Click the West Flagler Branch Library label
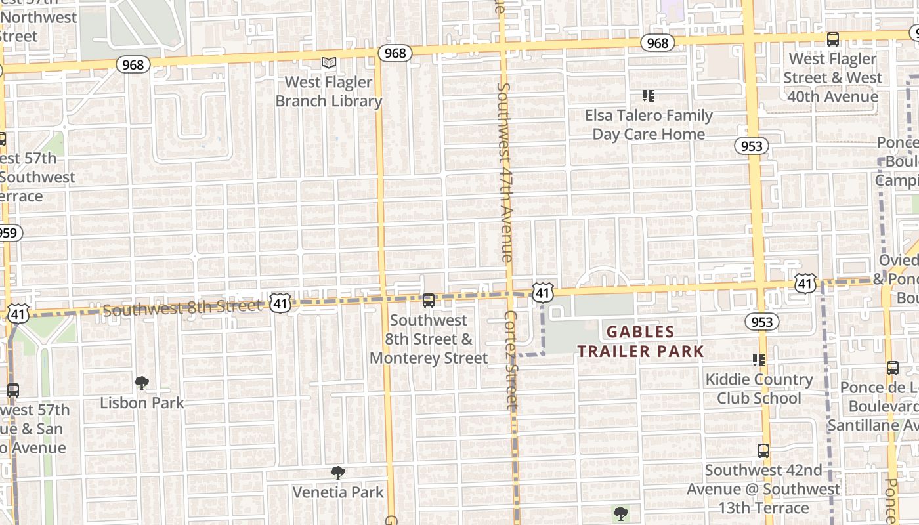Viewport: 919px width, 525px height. click(x=328, y=91)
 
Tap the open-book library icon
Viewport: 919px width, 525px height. click(x=328, y=63)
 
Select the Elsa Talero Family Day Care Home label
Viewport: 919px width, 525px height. click(x=649, y=124)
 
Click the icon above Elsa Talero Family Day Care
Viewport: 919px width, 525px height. click(x=649, y=96)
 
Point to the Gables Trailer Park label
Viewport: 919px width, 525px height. click(x=640, y=341)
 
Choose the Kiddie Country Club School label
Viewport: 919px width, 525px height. click(x=759, y=388)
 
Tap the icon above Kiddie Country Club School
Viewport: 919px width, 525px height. click(x=759, y=360)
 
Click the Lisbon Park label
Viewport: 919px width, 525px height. click(x=142, y=402)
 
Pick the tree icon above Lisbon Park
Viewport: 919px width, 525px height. click(x=141, y=383)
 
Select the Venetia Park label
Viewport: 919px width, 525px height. click(x=337, y=492)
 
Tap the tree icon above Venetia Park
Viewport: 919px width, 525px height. click(x=337, y=472)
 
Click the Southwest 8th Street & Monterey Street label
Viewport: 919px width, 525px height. click(x=429, y=339)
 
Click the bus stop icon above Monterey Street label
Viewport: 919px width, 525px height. click(x=429, y=301)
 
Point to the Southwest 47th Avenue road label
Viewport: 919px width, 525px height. click(x=504, y=172)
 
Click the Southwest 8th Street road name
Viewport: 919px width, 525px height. click(x=182, y=308)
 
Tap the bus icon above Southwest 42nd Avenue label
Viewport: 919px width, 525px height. click(x=763, y=451)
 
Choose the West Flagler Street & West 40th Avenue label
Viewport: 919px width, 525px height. click(x=832, y=77)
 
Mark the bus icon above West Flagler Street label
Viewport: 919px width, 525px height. click(x=832, y=39)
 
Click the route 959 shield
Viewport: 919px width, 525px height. click(x=9, y=232)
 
